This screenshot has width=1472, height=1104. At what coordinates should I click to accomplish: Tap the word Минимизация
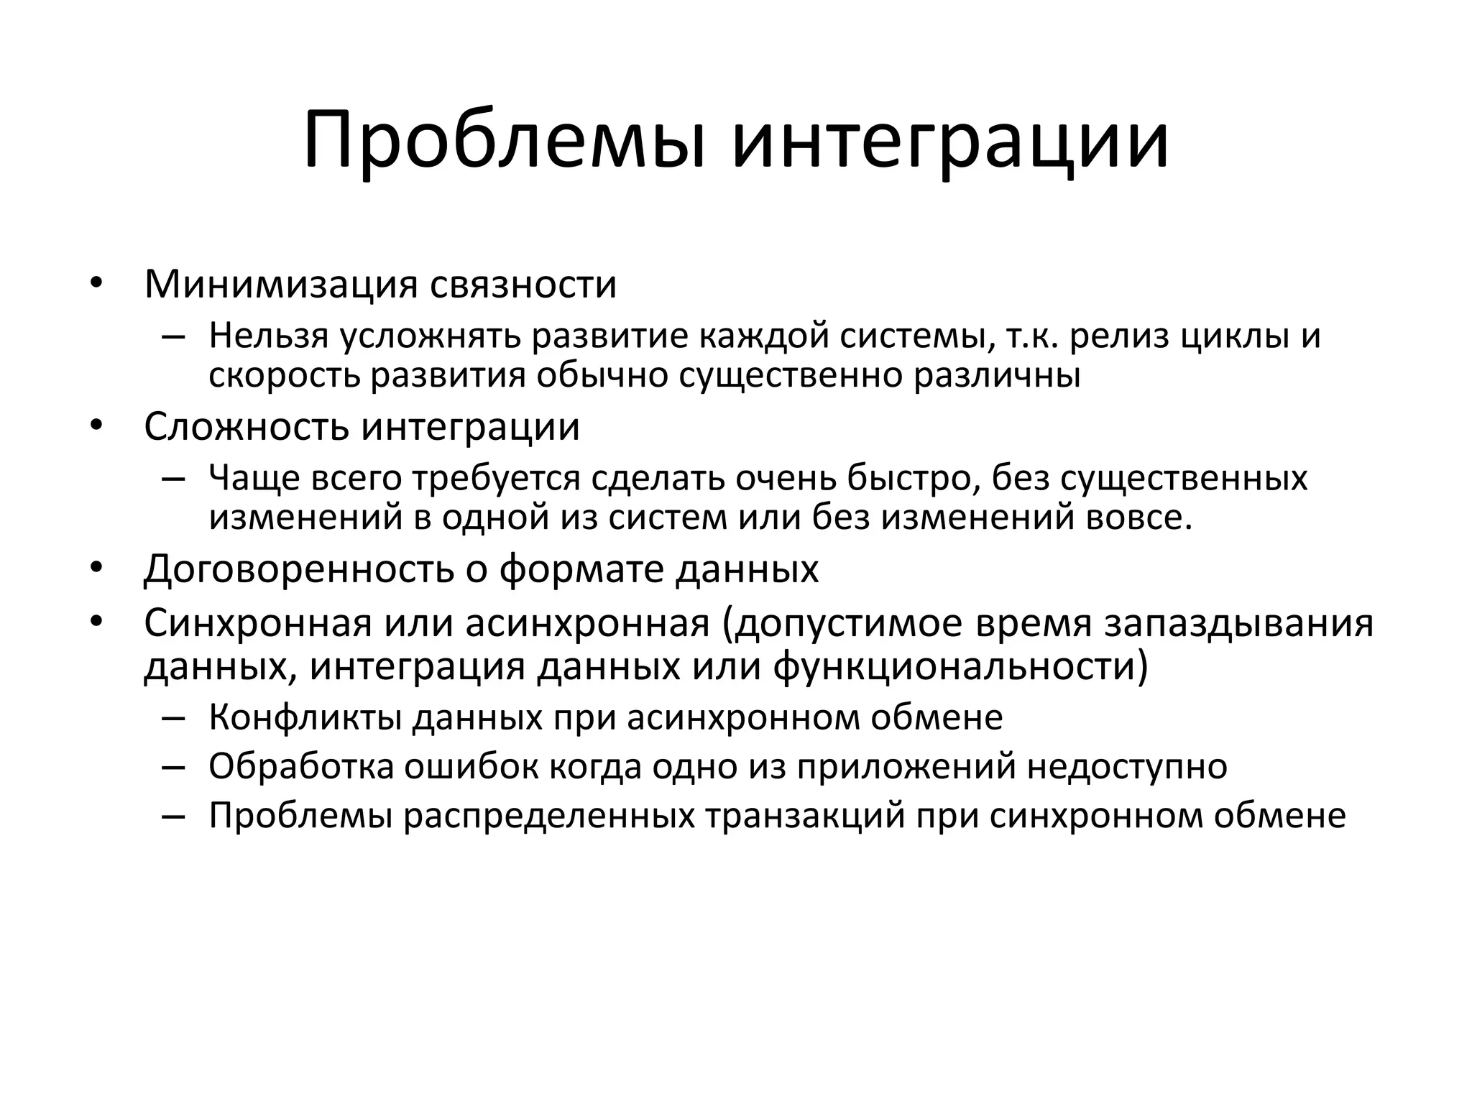(x=281, y=285)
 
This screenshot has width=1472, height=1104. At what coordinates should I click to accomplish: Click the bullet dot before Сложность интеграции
(x=97, y=425)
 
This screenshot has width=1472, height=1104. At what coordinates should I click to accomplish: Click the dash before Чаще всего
(x=173, y=479)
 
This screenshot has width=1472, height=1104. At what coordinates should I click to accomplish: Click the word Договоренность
(x=299, y=569)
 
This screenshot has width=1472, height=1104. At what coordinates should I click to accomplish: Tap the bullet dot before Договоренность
(x=97, y=568)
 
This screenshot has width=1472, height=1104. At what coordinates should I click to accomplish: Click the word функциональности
(x=961, y=666)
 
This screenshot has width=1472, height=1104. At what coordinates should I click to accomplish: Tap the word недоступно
(x=1127, y=767)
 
